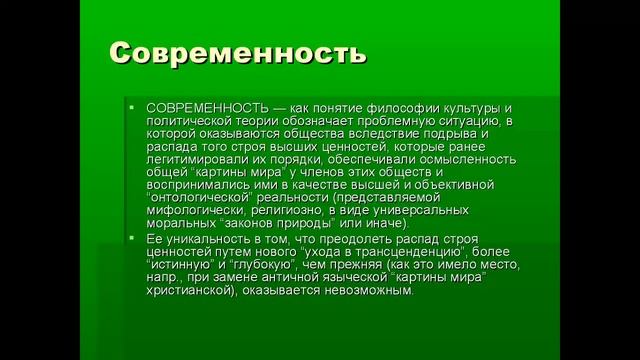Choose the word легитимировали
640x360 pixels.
197,159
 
